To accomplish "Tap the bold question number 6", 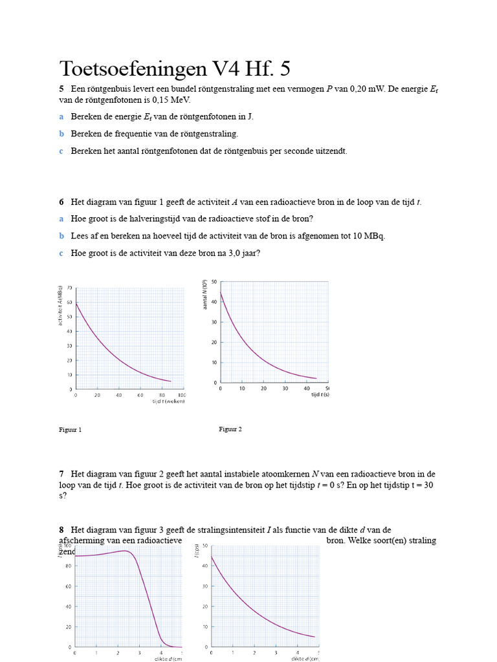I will point(61,202).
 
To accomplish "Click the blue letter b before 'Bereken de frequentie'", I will point(61,134).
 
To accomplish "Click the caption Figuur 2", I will point(230,429).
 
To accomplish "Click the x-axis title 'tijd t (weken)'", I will point(168,401).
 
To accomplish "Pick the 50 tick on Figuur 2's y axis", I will point(214,283).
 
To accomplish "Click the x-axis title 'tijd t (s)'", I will point(320,394).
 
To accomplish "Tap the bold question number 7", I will point(61,474).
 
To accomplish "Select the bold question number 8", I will point(61,530).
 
